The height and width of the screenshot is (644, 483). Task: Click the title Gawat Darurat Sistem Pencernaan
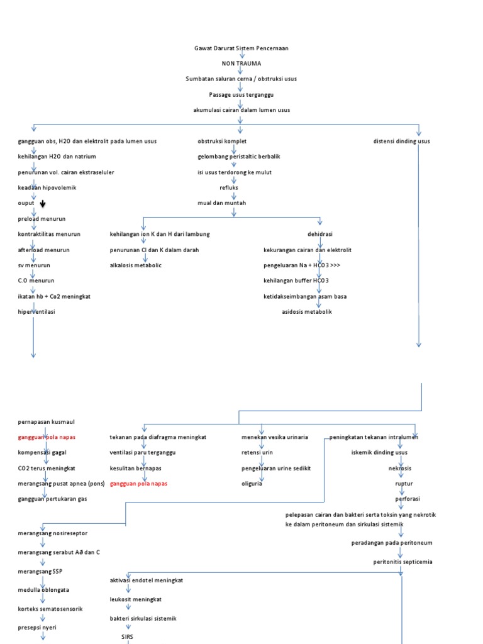[241, 48]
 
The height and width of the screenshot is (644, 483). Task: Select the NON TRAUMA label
[241, 64]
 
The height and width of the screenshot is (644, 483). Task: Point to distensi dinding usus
[401, 142]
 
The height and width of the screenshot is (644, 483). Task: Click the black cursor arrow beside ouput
[43, 204]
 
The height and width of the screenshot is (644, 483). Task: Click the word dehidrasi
[321, 234]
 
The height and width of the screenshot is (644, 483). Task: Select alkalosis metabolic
[135, 265]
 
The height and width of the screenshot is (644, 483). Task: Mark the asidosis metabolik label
[306, 311]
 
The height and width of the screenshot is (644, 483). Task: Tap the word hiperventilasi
[36, 311]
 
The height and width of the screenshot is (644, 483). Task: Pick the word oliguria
[252, 484]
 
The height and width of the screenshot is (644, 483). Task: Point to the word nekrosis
[401, 468]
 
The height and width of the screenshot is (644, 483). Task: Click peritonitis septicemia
[402, 562]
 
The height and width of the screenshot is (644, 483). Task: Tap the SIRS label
[127, 636]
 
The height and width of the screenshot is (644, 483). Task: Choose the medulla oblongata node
[43, 590]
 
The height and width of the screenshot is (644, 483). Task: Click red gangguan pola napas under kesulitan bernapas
[138, 484]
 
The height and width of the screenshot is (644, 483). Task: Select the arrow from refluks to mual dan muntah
[233, 196]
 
